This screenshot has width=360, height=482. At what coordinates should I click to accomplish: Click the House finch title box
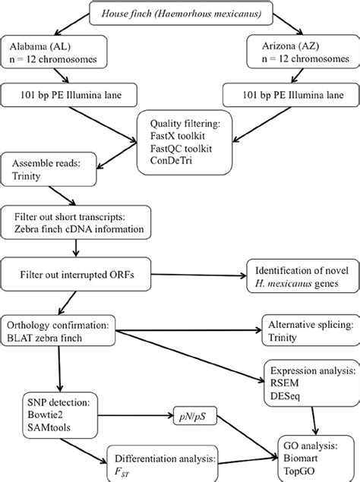click(179, 12)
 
